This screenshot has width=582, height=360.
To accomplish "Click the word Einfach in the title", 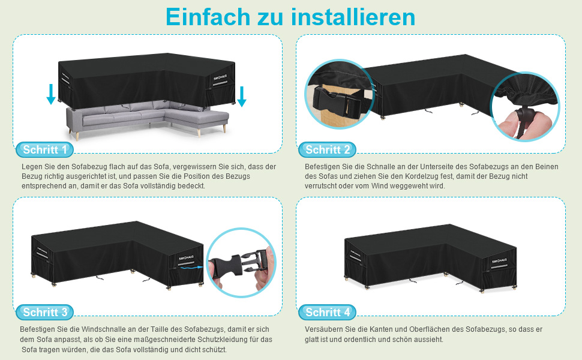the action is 208,17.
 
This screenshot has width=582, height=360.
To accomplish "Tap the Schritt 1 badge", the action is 44,149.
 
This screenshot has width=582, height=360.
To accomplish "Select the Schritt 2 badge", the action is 327,149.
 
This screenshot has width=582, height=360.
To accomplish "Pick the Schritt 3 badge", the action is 44,312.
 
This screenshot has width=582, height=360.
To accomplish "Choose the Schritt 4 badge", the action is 327,312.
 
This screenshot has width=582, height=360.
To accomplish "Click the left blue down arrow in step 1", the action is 51,94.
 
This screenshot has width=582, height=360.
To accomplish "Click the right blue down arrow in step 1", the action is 242,97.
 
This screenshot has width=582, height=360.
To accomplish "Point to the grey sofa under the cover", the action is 148,119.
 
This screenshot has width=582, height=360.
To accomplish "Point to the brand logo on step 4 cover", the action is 499,260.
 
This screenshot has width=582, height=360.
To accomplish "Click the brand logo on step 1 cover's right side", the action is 220,77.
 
